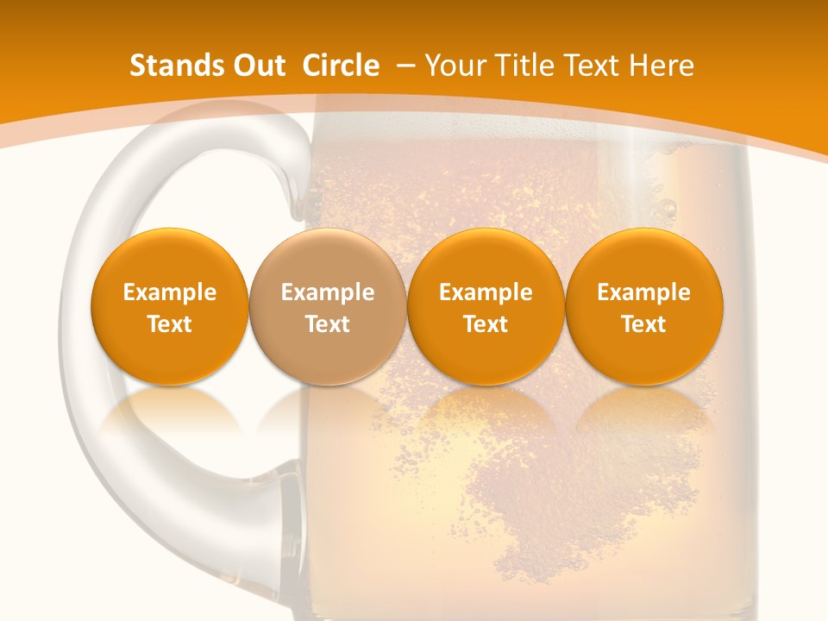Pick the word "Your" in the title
tap(454, 66)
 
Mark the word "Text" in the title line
tap(595, 66)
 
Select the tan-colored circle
tap(328, 306)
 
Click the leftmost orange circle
tap(170, 306)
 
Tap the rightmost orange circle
tap(644, 306)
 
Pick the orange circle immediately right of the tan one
tap(486, 306)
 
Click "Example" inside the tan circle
tap(328, 292)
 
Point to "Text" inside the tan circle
tap(328, 323)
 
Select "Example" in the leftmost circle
tap(170, 292)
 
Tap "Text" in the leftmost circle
tap(170, 323)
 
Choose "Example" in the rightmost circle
tap(644, 292)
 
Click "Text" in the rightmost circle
tap(644, 323)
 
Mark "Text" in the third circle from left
tap(486, 323)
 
